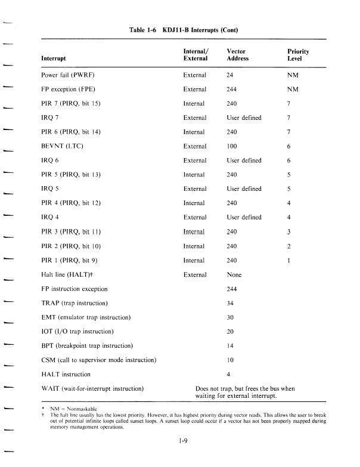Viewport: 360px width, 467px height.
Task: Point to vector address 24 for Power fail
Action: pos(231,75)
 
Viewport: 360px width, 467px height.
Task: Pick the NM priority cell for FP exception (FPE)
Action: pos(292,89)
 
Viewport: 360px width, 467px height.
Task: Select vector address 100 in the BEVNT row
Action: pos(232,146)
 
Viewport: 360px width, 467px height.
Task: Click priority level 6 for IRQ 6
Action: pos(289,160)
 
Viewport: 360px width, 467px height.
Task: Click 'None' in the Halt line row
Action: pos(234,274)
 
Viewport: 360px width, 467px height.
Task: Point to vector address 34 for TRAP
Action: pos(231,303)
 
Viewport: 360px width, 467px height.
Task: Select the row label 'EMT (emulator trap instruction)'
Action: pos(86,317)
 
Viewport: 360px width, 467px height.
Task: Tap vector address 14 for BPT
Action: pos(231,346)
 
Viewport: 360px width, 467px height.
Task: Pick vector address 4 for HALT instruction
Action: pos(229,374)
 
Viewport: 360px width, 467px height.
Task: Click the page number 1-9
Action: pos(184,441)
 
